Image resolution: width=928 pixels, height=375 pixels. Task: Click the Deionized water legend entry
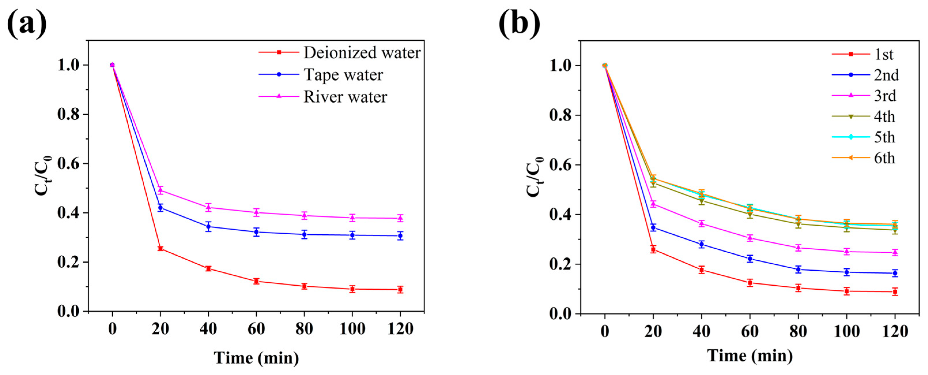coord(362,53)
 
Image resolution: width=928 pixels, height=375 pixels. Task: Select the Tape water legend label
coord(343,75)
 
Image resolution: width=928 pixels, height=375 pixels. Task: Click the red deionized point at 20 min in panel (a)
coord(160,248)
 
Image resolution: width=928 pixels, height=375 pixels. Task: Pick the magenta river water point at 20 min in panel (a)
coord(160,190)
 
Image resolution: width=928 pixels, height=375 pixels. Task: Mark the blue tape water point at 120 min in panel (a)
coord(400,236)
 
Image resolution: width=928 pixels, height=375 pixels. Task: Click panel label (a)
coord(27,25)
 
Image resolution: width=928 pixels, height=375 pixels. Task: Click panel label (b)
coord(519,25)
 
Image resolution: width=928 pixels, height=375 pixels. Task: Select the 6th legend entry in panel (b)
coord(884,158)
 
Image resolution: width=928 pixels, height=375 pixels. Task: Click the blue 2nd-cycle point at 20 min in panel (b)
coord(653,227)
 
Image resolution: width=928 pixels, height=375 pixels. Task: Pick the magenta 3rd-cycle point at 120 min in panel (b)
coord(895,252)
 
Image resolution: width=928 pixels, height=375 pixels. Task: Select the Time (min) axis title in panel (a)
coord(256,358)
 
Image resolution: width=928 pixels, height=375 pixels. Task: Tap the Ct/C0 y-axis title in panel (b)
coord(535,177)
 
